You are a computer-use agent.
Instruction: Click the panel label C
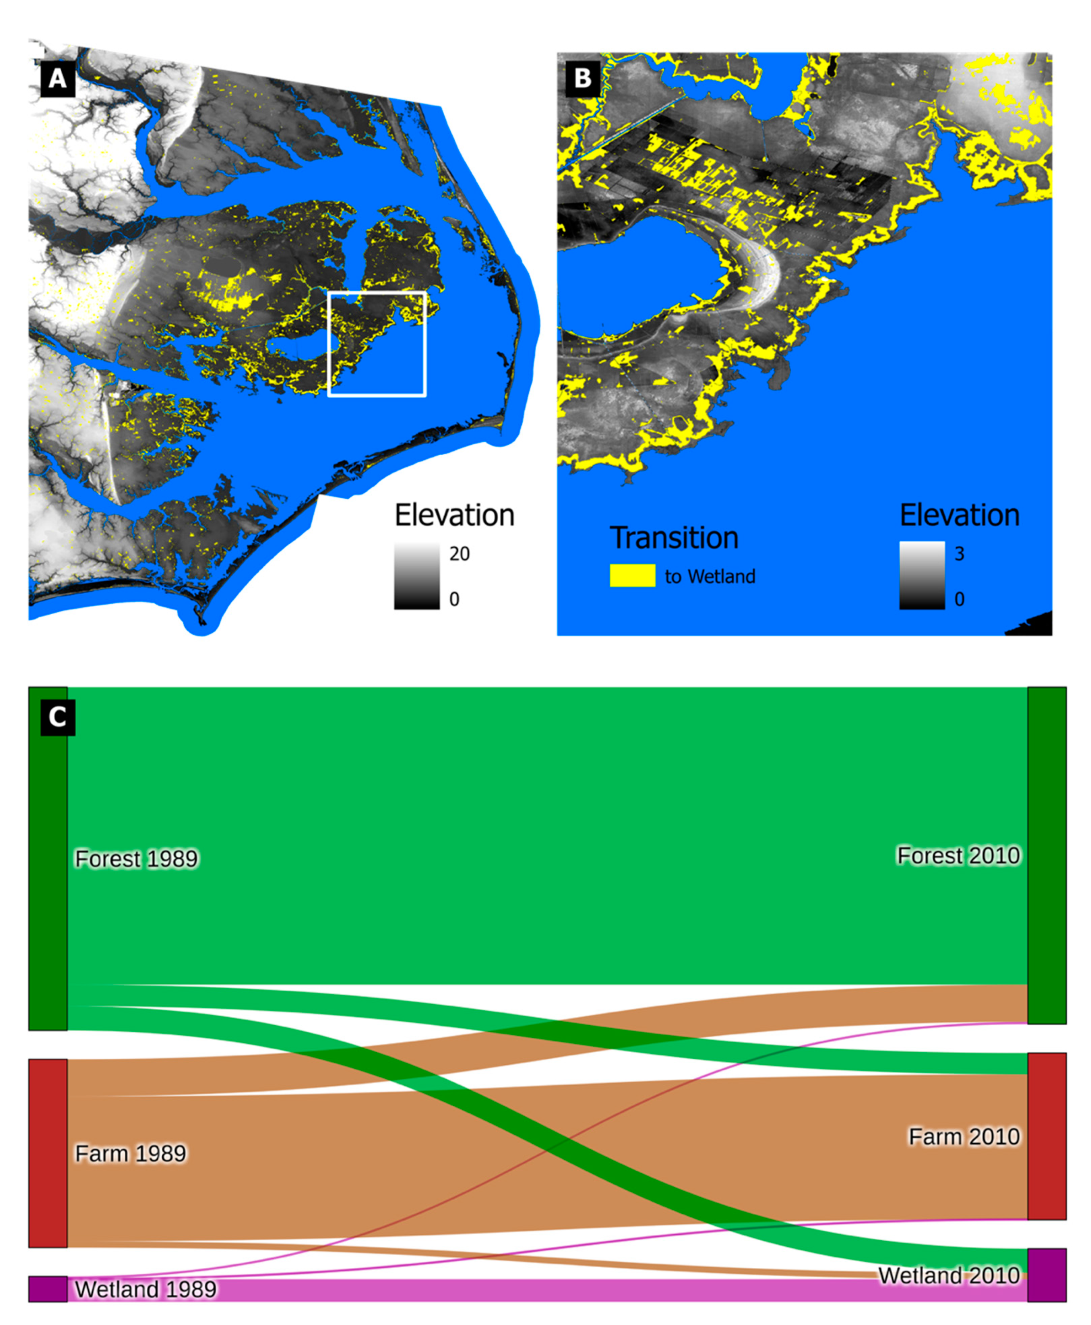[x=57, y=717]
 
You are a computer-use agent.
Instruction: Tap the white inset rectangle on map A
[x=377, y=293]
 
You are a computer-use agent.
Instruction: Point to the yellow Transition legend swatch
[x=632, y=575]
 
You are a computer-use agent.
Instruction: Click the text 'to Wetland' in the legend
[x=710, y=576]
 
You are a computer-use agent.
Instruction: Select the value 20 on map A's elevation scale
[x=459, y=553]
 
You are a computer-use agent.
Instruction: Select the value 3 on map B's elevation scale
[x=959, y=553]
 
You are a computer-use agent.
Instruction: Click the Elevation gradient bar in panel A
[x=417, y=576]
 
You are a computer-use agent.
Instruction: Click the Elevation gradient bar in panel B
[x=921, y=575]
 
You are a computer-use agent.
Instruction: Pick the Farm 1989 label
[x=130, y=1153]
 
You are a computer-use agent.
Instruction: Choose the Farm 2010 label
[x=963, y=1136]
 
